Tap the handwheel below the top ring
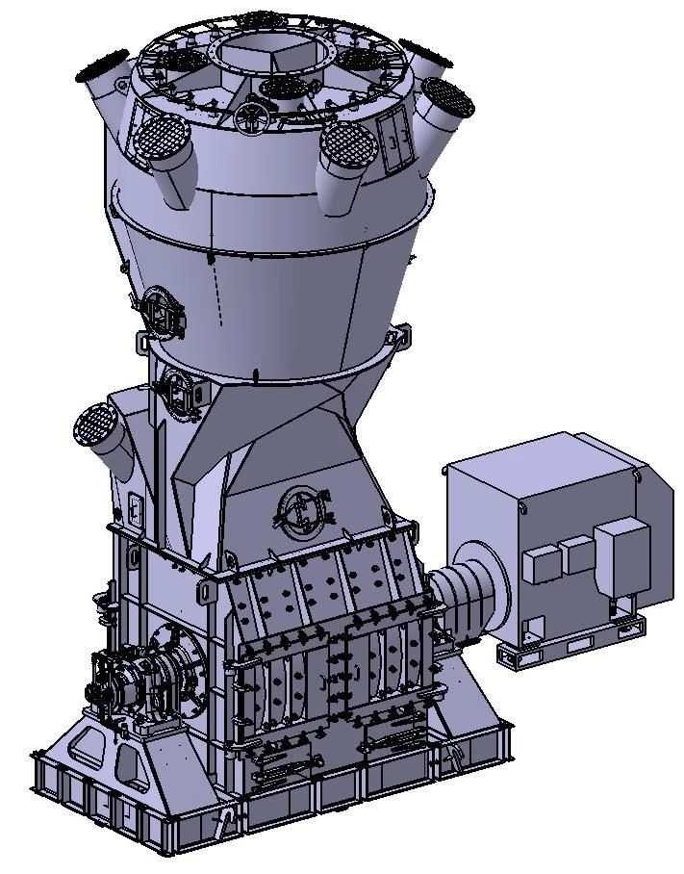point(247,116)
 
